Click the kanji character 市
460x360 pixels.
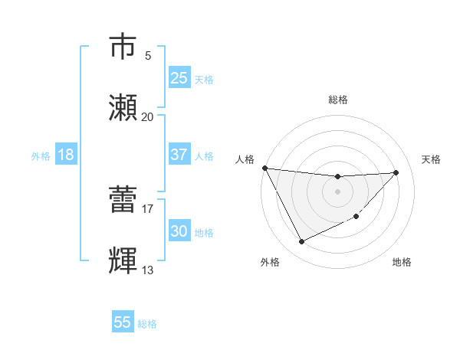click(125, 47)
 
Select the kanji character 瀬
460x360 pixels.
click(125, 108)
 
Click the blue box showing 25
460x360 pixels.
click(179, 78)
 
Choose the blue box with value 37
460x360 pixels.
click(179, 155)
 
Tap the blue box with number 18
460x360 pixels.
click(66, 155)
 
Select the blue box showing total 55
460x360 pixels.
click(123, 322)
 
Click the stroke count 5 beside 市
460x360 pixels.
click(148, 56)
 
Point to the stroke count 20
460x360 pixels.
click(147, 116)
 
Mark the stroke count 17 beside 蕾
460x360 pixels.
click(147, 208)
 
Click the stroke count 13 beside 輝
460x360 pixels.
click(147, 270)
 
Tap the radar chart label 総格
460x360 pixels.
click(338, 100)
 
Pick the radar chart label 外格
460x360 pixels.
click(270, 262)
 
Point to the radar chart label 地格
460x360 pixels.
click(402, 262)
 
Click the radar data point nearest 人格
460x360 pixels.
click(264, 168)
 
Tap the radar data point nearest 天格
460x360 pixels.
click(396, 172)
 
